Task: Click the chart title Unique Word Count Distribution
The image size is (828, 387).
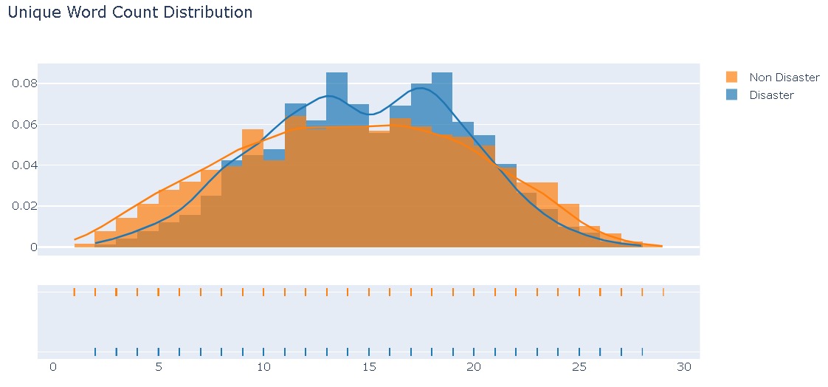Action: (x=130, y=13)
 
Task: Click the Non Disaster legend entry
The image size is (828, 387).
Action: (x=784, y=78)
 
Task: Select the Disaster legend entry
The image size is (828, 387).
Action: (x=771, y=95)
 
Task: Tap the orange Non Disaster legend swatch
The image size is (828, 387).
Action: (x=732, y=78)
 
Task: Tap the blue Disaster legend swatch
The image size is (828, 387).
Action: (x=732, y=95)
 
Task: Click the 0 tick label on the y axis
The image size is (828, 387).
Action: (x=33, y=247)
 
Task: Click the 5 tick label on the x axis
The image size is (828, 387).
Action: (x=158, y=367)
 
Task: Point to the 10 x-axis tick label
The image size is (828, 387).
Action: (x=263, y=367)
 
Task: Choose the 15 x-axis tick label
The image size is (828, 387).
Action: (x=368, y=367)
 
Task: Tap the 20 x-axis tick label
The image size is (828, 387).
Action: (x=474, y=367)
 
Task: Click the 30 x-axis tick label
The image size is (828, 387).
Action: (x=684, y=367)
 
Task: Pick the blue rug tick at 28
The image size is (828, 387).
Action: (x=643, y=352)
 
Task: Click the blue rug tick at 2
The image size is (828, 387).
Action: (x=95, y=352)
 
